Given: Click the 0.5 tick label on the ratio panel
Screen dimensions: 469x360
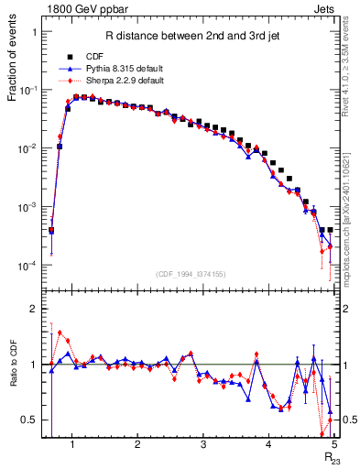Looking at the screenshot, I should click(30, 420).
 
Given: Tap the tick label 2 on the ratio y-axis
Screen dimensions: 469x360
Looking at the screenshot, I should click(34, 309).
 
